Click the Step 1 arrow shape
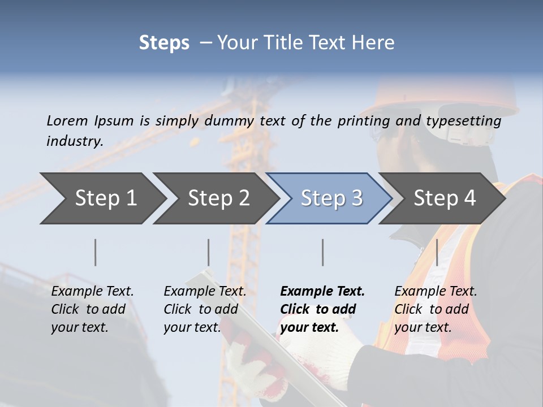pos(102,198)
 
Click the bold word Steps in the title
pos(164,43)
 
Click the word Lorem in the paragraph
pos(67,120)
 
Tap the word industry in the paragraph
pos(74,141)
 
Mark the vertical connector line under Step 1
pos(96,252)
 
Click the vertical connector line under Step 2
pos(209,252)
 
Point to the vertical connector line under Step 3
pos(323,252)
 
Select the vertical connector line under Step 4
pos(437,252)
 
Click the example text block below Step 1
pos(92,309)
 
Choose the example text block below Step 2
pos(204,309)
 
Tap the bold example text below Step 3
pos(322,309)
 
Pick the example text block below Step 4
pos(435,309)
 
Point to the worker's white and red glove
pos(255,367)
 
